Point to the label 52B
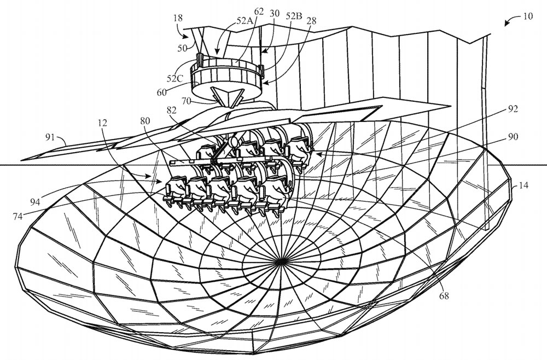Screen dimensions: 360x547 (294, 16)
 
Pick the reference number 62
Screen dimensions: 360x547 (259, 10)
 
